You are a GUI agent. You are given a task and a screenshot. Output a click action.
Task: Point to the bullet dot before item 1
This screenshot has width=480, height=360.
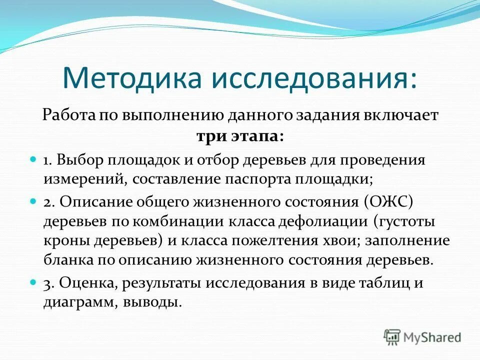[33, 158]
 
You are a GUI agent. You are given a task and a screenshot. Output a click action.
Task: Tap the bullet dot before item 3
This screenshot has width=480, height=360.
[33, 281]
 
